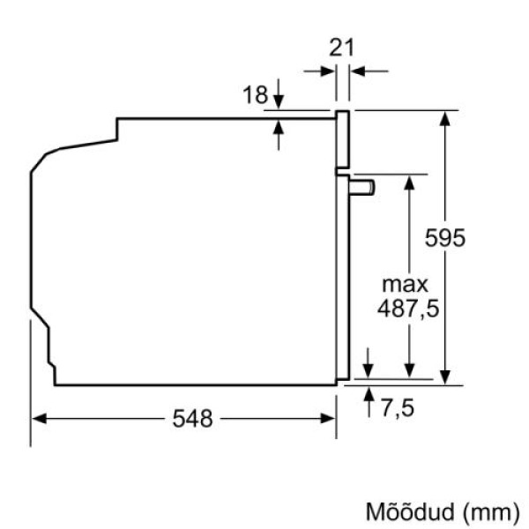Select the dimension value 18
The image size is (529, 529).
point(255,94)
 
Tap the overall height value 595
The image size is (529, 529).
point(444,237)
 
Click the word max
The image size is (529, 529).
point(405,284)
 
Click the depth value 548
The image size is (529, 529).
point(192,419)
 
